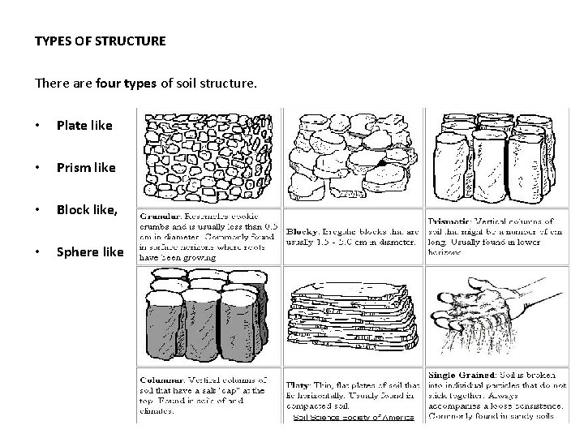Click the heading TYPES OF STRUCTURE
pyautogui.click(x=101, y=40)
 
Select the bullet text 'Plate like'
pyautogui.click(x=84, y=126)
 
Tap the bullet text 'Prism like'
pyautogui.click(x=85, y=168)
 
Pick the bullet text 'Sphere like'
pyautogui.click(x=89, y=251)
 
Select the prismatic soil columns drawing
pyautogui.click(x=495, y=157)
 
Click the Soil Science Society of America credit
pyautogui.click(x=353, y=418)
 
